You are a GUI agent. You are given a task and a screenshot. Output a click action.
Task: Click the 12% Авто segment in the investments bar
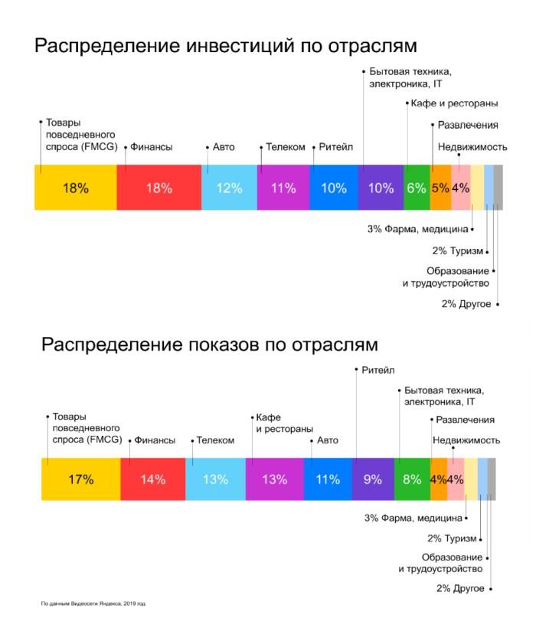click(x=229, y=188)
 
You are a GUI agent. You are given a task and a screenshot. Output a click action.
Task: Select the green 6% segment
click(x=416, y=188)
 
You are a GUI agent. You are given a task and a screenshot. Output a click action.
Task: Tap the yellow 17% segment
click(x=80, y=479)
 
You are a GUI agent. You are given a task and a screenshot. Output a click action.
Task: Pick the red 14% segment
click(x=152, y=479)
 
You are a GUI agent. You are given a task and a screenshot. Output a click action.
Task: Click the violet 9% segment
click(x=373, y=479)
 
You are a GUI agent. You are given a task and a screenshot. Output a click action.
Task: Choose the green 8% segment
click(x=412, y=479)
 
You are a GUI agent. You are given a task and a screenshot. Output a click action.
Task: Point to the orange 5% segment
click(x=440, y=188)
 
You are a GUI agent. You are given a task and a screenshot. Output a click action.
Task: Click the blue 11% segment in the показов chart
click(x=328, y=479)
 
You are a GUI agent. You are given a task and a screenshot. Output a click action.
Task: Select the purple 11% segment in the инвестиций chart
click(x=283, y=188)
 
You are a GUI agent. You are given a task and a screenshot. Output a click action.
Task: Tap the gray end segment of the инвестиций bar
click(x=498, y=188)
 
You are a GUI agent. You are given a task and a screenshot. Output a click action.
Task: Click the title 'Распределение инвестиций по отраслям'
click(x=226, y=46)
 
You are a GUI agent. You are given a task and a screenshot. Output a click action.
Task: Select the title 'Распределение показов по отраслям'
click(x=209, y=344)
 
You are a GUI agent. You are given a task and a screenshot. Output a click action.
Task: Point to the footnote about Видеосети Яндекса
click(x=93, y=603)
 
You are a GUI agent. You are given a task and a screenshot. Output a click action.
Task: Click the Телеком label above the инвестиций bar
click(x=285, y=147)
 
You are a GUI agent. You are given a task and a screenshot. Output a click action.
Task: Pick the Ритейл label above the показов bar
click(x=378, y=370)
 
